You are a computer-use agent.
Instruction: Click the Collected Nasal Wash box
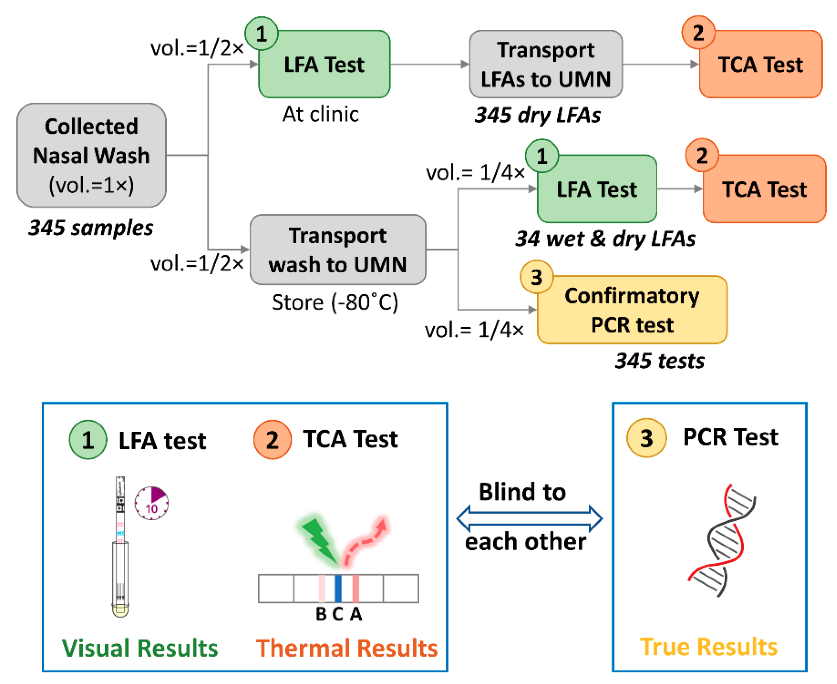pos(91,155)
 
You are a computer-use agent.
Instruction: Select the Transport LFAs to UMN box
pos(546,64)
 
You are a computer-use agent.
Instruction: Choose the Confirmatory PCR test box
pos(632,310)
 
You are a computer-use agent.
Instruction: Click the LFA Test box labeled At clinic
pos(324,64)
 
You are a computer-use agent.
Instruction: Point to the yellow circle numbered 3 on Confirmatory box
pos(537,277)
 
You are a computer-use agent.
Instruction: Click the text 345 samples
pos(91,228)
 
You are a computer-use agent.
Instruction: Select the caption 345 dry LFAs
pos(538,115)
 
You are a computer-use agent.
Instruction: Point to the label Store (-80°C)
pos(335,303)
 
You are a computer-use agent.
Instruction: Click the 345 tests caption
pos(660,361)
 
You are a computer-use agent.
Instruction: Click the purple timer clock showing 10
pos(152,503)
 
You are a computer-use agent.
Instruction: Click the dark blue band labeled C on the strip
pos(338,588)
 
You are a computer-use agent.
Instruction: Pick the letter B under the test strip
pos(321,614)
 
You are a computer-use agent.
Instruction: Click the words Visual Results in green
pos(140,648)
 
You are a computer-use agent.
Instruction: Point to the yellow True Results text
pos(709,647)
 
